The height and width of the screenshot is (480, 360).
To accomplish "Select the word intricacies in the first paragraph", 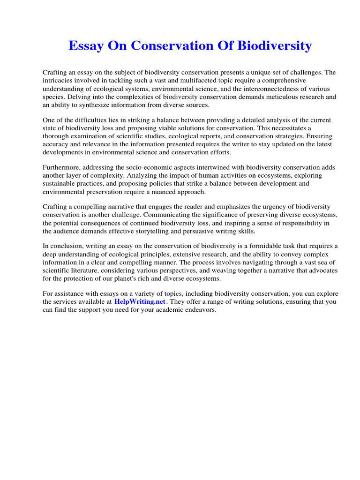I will pos(58,81).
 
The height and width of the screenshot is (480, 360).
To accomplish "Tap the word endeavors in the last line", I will pos(199,310).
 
